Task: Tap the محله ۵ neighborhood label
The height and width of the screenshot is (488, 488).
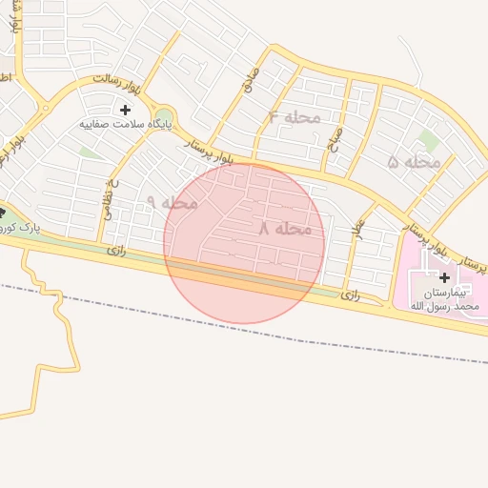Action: click(x=415, y=162)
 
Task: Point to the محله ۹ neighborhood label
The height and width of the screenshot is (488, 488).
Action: click(x=173, y=202)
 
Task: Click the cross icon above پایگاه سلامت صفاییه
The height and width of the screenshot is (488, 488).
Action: click(x=125, y=110)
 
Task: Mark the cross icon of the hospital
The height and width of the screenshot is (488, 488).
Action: click(x=444, y=277)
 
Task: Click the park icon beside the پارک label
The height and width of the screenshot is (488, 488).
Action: click(x=3, y=212)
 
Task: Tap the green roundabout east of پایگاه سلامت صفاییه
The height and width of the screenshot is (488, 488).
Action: click(x=164, y=115)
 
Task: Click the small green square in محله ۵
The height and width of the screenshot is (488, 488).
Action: click(x=428, y=140)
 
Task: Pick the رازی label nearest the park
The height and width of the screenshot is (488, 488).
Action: click(x=116, y=250)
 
